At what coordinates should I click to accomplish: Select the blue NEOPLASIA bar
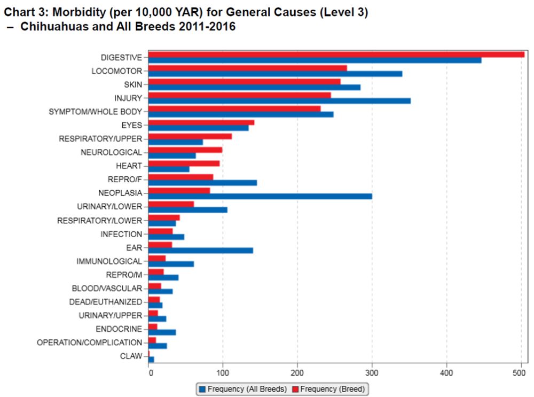[260, 196]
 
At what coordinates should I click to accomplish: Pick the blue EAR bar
[201, 251]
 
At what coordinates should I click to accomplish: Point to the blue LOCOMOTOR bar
[275, 74]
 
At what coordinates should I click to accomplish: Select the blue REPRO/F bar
[202, 183]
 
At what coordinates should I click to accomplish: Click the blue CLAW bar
[151, 359]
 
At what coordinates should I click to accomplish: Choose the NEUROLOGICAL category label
[112, 152]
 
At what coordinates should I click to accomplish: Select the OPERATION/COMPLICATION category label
[90, 342]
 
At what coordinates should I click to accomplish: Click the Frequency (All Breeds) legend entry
[243, 388]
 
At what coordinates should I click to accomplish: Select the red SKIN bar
[244, 81]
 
